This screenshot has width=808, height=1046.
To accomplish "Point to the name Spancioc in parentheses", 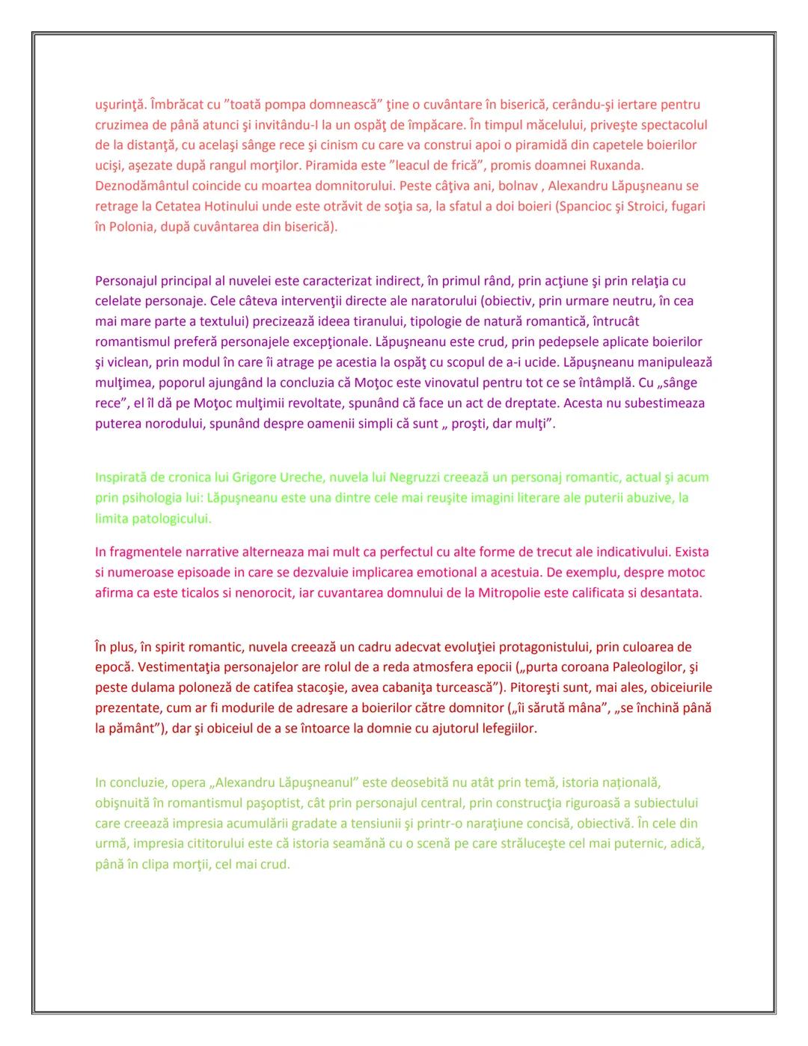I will click(x=586, y=206).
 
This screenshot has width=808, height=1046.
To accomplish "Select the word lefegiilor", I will click(x=507, y=728).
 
